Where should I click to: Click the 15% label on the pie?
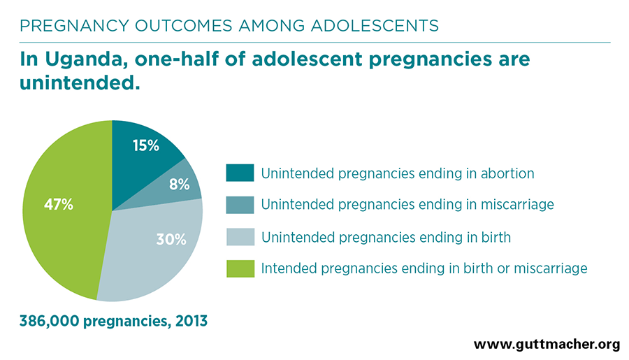pyautogui.click(x=145, y=145)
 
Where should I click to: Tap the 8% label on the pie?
pyautogui.click(x=180, y=185)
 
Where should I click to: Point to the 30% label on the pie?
pyautogui.click(x=171, y=240)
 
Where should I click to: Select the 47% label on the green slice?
pyautogui.click(x=59, y=205)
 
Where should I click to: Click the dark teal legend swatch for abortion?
pyautogui.click(x=240, y=173)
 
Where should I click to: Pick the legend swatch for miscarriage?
pyautogui.click(x=240, y=205)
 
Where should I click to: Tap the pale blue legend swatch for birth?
pyautogui.click(x=240, y=237)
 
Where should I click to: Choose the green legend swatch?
pyautogui.click(x=240, y=268)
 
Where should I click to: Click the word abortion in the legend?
pyautogui.click(x=507, y=173)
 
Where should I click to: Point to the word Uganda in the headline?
pyautogui.click(x=87, y=59)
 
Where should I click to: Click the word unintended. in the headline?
pyautogui.click(x=80, y=83)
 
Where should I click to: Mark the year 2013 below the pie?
pyautogui.click(x=191, y=321)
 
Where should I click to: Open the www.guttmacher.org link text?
pyautogui.click(x=547, y=345)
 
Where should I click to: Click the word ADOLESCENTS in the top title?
pyautogui.click(x=375, y=26)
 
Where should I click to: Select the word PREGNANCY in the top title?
pyautogui.click(x=74, y=26)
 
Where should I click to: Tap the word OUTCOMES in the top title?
pyautogui.click(x=184, y=26)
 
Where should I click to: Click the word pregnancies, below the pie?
pyautogui.click(x=126, y=322)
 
